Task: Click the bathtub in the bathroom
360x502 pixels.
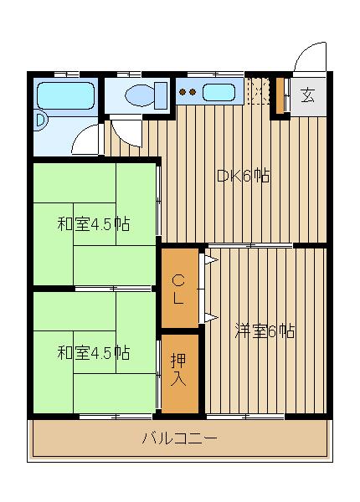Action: [65, 95]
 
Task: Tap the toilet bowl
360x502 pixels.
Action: [140, 95]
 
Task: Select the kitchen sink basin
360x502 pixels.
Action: [219, 92]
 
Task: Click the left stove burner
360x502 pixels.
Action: [183, 92]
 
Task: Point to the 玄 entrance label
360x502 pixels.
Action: [307, 95]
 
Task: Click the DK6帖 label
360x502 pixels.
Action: [244, 176]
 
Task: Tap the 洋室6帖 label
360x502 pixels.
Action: [265, 331]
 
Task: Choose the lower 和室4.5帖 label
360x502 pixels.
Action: [94, 353]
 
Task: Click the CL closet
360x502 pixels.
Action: [180, 289]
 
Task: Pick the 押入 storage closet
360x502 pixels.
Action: [180, 374]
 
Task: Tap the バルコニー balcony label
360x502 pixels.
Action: [180, 438]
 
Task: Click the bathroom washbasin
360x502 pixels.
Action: [40, 120]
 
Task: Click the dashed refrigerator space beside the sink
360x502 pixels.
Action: [258, 91]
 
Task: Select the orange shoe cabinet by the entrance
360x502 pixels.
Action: [280, 95]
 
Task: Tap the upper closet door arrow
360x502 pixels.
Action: [211, 259]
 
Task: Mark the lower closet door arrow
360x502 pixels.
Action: [211, 317]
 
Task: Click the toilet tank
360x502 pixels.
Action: [161, 95]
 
